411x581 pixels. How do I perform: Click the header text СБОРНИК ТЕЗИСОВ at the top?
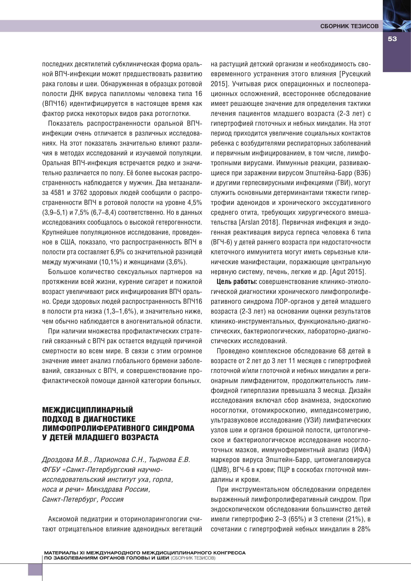coord(349,26)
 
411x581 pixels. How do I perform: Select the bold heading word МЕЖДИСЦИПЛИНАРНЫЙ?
coord(87,409)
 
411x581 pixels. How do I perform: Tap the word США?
coord(67,242)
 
